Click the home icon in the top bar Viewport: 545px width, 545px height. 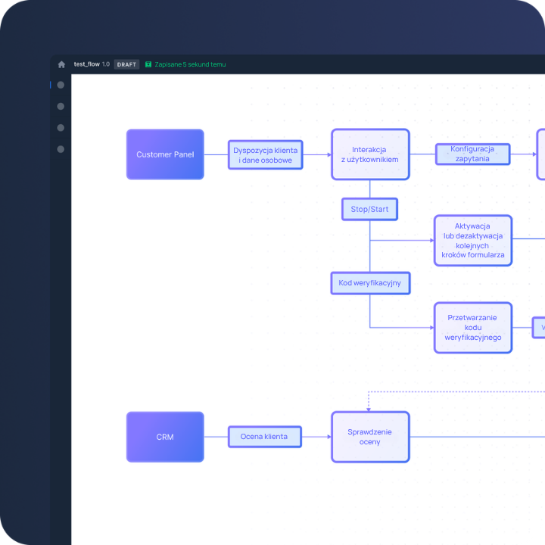[61, 64]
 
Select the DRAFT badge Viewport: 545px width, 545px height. [126, 64]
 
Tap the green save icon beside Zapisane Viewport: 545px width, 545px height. [148, 64]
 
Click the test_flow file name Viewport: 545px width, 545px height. [86, 64]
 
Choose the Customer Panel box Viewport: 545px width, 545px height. [165, 154]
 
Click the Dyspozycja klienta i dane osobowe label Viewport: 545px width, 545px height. [265, 155]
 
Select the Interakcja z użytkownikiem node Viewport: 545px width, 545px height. [370, 154]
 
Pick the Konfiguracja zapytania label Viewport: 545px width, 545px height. [472, 154]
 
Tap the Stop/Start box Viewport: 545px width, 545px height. [369, 209]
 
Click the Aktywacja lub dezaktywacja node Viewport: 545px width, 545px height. [473, 241]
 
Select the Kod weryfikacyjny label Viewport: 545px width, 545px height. [370, 283]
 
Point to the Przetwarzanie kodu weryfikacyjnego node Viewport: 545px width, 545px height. [473, 328]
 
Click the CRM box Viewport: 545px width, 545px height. [165, 437]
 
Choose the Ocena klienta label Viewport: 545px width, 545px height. [264, 437]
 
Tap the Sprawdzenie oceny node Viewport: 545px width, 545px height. [370, 437]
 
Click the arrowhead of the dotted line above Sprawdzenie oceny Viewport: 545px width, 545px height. [369, 410]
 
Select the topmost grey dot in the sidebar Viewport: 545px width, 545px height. [61, 85]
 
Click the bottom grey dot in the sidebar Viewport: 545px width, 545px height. [61, 149]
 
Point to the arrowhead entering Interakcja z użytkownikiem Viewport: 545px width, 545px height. [329, 154]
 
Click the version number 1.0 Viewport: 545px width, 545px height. [106, 64]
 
